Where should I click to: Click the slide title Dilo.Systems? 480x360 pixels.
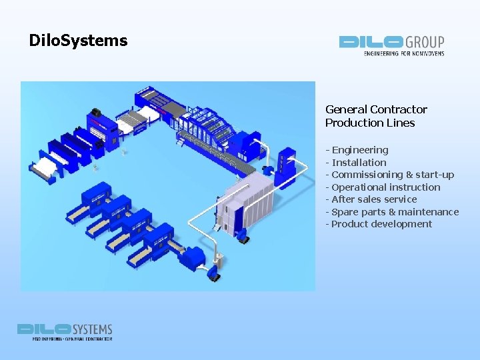click(x=78, y=41)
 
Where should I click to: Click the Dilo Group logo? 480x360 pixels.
click(x=391, y=44)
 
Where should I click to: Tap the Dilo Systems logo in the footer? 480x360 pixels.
click(x=65, y=331)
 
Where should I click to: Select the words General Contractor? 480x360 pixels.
click(x=376, y=109)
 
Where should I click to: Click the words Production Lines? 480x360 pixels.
click(x=370, y=123)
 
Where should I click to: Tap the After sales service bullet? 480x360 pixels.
click(x=374, y=199)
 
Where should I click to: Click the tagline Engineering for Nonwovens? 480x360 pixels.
click(x=403, y=53)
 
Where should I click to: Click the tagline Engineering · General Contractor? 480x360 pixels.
click(x=72, y=339)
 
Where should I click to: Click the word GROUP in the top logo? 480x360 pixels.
click(x=425, y=43)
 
